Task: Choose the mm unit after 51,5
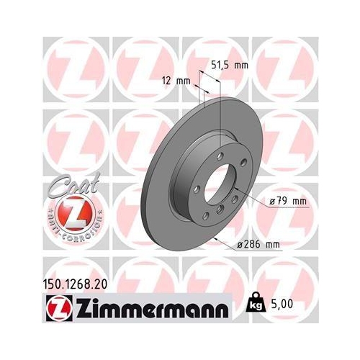(241, 66)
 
